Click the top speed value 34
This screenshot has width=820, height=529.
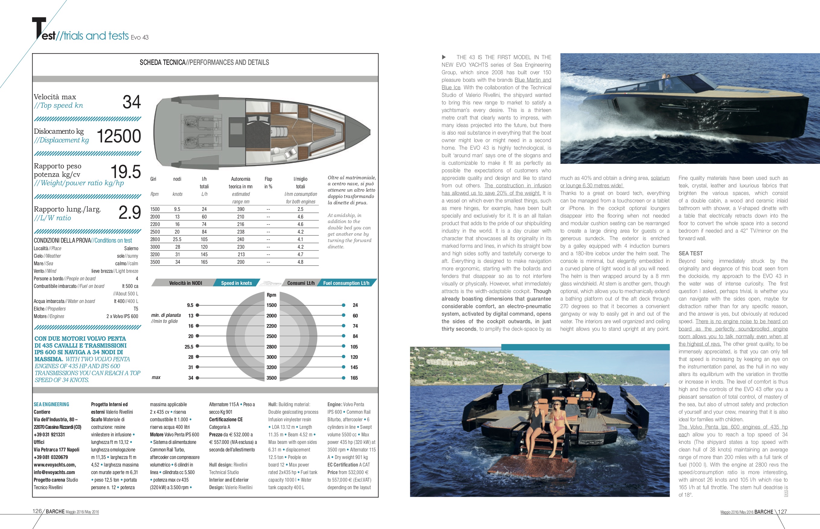[132, 102]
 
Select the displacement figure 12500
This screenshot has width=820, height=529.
[119, 136]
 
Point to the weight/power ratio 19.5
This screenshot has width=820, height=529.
[126, 172]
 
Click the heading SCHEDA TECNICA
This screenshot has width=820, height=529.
[162, 62]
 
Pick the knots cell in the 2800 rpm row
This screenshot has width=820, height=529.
[177, 239]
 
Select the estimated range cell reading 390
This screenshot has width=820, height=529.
[241, 209]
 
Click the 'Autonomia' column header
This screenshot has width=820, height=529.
[241, 179]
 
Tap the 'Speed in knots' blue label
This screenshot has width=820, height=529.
[236, 283]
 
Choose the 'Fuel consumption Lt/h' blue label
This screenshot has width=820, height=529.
[346, 283]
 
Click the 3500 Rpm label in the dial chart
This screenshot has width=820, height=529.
[271, 378]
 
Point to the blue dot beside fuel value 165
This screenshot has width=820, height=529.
[343, 378]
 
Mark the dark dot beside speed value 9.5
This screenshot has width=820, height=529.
[197, 305]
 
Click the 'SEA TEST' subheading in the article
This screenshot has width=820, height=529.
[690, 253]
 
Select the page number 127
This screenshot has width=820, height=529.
[782, 511]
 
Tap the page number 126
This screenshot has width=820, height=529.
[37, 511]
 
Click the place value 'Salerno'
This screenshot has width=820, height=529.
[131, 248]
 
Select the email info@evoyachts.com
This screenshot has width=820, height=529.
[54, 472]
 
